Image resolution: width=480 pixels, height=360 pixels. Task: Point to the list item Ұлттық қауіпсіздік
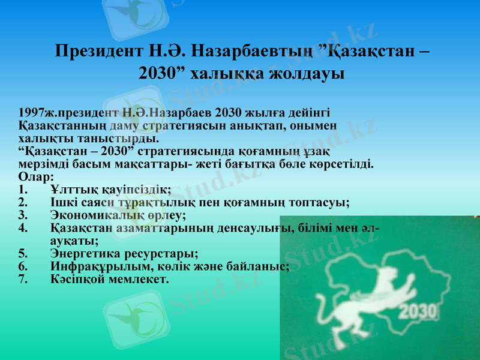[x=110, y=190]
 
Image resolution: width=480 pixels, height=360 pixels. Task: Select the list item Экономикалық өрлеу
[x=118, y=215]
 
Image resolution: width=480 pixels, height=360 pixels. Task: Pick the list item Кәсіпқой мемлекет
[x=110, y=279]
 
